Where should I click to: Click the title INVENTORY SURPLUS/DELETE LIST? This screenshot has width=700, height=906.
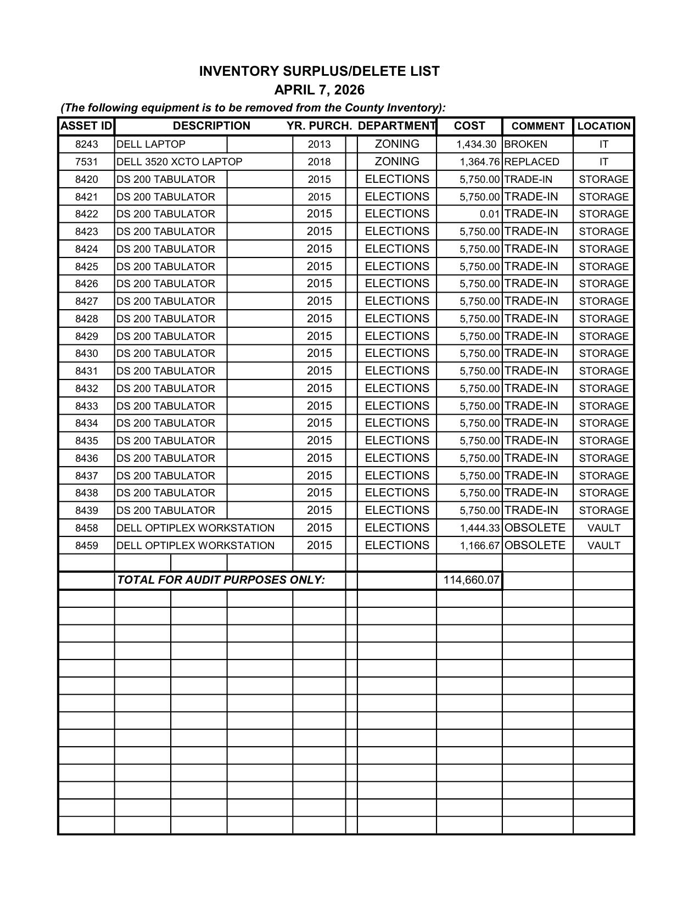click(x=319, y=71)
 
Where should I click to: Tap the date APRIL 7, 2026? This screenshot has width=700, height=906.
click(x=319, y=90)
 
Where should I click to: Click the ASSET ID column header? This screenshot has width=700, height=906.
click(x=86, y=126)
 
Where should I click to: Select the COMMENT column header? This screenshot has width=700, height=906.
click(x=537, y=126)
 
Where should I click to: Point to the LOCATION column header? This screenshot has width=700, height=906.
click(x=603, y=126)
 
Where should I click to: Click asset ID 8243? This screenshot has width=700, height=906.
click(x=86, y=144)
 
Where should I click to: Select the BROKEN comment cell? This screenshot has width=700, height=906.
click(x=525, y=144)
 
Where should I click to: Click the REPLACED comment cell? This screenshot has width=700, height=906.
click(x=531, y=162)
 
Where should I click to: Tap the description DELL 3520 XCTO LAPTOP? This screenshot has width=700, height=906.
click(x=179, y=162)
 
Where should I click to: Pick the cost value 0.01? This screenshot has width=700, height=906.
click(x=489, y=214)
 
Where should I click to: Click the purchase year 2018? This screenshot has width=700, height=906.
click(x=319, y=162)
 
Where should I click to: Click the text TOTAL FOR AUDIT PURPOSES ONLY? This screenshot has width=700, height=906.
click(x=221, y=580)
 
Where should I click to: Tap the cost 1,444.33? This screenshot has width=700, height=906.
click(x=479, y=528)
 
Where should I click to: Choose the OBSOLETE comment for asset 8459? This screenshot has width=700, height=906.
click(x=534, y=545)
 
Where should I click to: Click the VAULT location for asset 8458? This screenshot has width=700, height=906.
click(x=603, y=528)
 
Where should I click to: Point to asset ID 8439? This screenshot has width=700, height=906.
click(x=86, y=511)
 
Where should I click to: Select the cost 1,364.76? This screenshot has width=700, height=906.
click(x=479, y=162)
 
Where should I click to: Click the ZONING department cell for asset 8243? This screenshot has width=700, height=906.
click(x=396, y=144)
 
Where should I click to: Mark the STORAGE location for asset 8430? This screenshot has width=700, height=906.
click(x=603, y=354)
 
